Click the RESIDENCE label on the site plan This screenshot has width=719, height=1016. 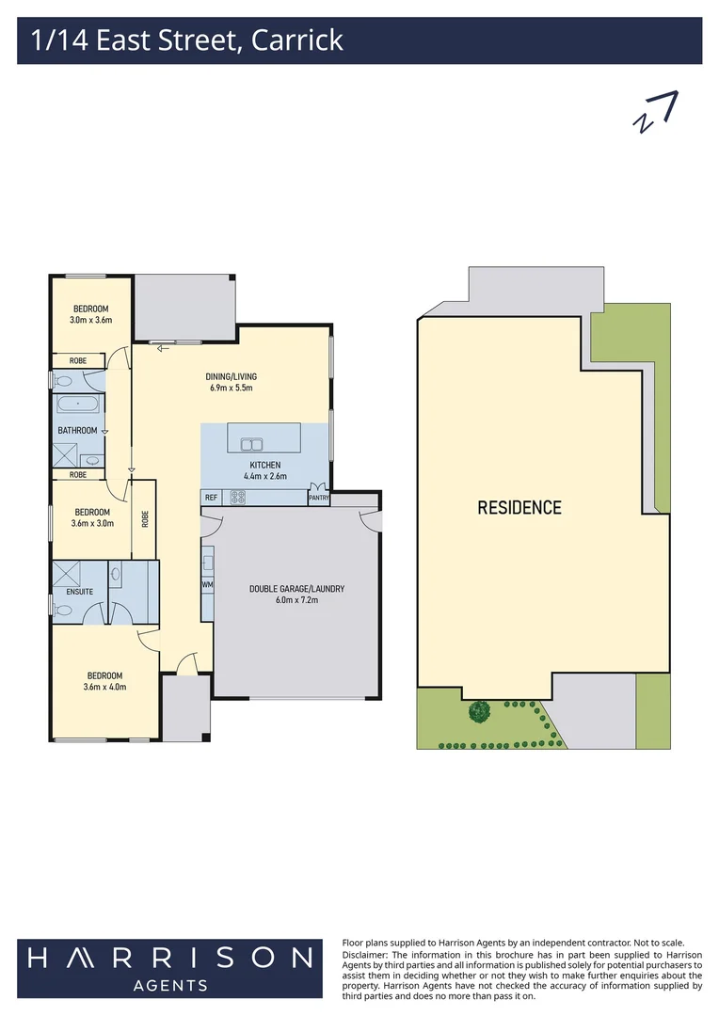click(519, 508)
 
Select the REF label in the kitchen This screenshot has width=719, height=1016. click(211, 498)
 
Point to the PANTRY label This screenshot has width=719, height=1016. click(318, 499)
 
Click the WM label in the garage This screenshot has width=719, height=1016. click(207, 584)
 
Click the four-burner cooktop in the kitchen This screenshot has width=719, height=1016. click(238, 499)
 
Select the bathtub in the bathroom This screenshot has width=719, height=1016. click(76, 405)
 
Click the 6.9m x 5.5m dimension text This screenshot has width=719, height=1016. click(231, 388)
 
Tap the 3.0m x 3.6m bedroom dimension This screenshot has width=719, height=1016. click(90, 320)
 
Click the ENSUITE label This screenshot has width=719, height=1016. click(79, 592)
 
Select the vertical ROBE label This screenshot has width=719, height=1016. click(145, 518)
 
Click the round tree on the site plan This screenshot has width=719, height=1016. click(480, 712)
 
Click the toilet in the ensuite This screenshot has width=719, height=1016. click(63, 611)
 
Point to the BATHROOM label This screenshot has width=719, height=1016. click(77, 431)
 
